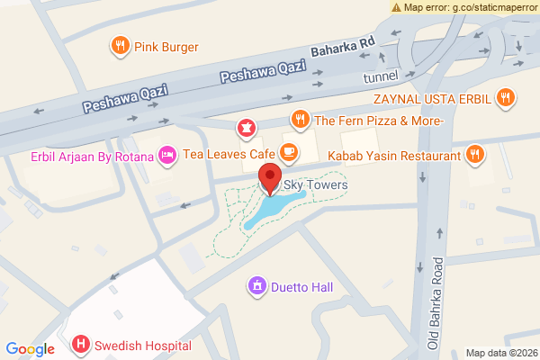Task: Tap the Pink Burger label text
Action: pyautogui.click(x=166, y=47)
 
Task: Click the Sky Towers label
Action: pyautogui.click(x=315, y=185)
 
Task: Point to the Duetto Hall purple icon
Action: pyautogui.click(x=257, y=287)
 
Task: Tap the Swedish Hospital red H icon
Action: pyautogui.click(x=81, y=345)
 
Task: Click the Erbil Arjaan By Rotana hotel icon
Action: pyautogui.click(x=166, y=156)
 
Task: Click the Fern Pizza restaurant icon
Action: pyautogui.click(x=301, y=120)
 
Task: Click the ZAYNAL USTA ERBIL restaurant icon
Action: pyautogui.click(x=508, y=96)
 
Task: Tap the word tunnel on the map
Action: pyautogui.click(x=380, y=78)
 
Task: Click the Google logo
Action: pyautogui.click(x=30, y=349)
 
